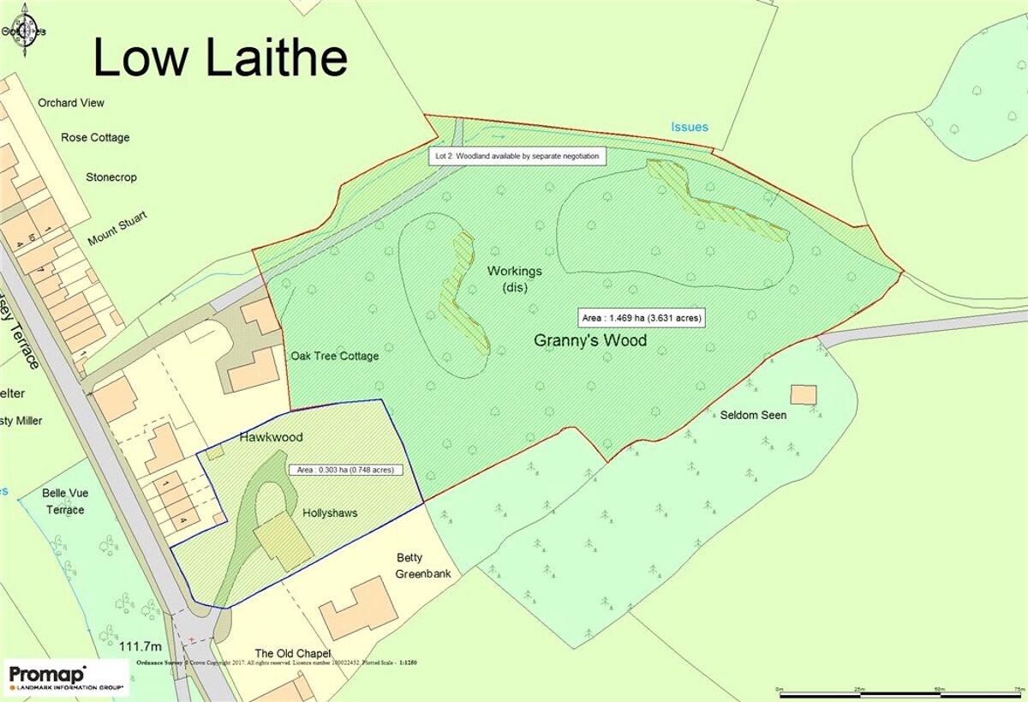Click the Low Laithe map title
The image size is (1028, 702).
[220, 58]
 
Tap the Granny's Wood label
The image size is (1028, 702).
[590, 340]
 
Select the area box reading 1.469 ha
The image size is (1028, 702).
[642, 317]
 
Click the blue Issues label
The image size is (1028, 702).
[690, 127]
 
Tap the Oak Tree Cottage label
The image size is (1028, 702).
[334, 356]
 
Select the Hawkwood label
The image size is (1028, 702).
[272, 437]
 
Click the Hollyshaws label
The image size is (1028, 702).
[330, 513]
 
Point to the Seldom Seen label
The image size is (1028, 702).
[753, 415]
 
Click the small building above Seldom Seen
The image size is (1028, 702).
[803, 394]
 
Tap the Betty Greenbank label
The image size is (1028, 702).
[422, 566]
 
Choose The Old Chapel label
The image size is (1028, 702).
[292, 654]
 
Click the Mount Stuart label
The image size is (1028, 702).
[117, 228]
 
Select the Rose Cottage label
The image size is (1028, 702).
[95, 137]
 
